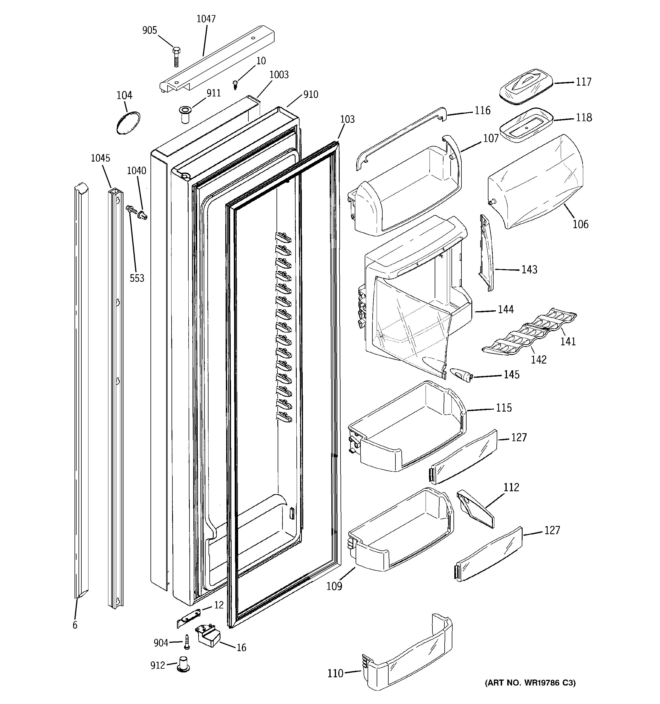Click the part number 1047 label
click(x=206, y=19)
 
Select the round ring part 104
click(x=128, y=123)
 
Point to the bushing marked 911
click(x=185, y=114)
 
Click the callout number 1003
click(x=279, y=75)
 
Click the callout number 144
click(x=506, y=309)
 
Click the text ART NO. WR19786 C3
click(x=530, y=683)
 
